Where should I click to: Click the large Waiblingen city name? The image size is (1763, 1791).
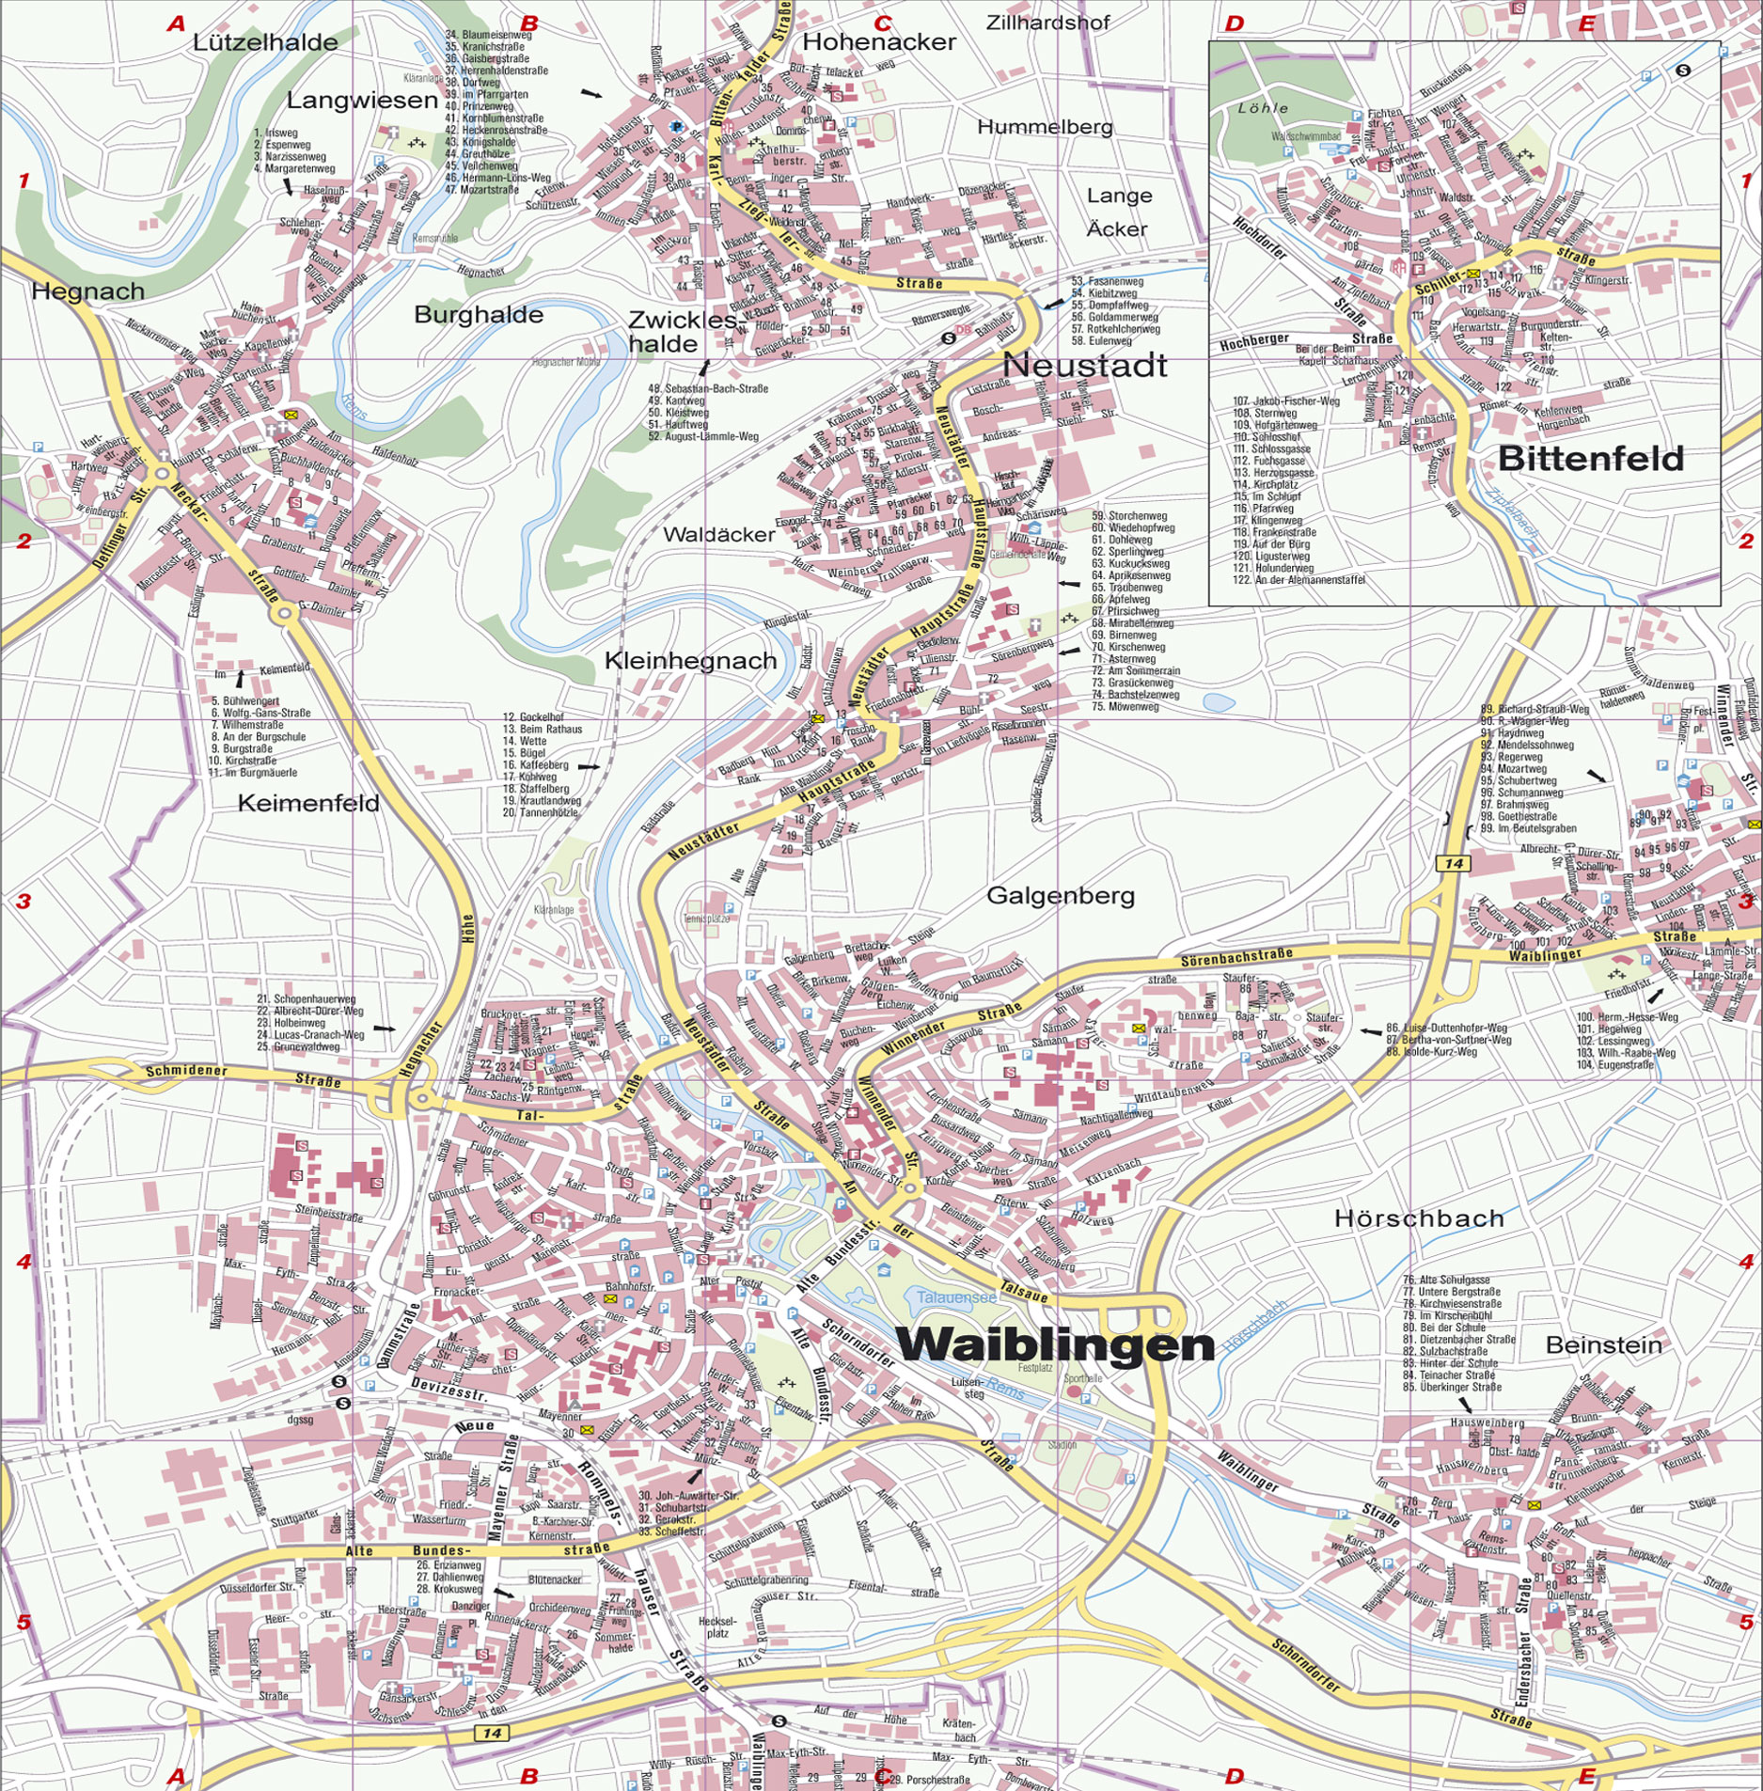[x=1055, y=1345]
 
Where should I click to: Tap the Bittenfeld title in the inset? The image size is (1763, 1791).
[x=1590, y=459]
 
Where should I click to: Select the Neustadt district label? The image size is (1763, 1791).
[x=1084, y=365]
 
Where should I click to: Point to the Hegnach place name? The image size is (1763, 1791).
[x=87, y=291]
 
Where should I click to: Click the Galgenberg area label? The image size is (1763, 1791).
[x=1060, y=896]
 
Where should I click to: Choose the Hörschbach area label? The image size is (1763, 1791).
[x=1419, y=1218]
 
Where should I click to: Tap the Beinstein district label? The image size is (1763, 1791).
[x=1603, y=1345]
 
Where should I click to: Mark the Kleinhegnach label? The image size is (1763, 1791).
[x=690, y=661]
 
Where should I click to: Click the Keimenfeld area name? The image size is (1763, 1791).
[x=308, y=803]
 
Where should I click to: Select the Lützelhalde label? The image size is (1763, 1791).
[x=265, y=42]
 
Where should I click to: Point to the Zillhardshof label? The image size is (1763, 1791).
[x=1047, y=22]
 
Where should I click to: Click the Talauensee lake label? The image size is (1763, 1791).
[x=956, y=1296]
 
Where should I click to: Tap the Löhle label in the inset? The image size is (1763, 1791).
[x=1263, y=108]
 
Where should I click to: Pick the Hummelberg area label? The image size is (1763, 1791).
[x=1045, y=127]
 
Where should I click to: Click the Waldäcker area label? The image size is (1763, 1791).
[x=719, y=534]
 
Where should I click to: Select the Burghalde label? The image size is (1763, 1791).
[x=479, y=315]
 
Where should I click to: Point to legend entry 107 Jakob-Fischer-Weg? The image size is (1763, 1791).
[x=1285, y=401]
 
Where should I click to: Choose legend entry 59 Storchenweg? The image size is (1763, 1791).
[x=1128, y=516]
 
